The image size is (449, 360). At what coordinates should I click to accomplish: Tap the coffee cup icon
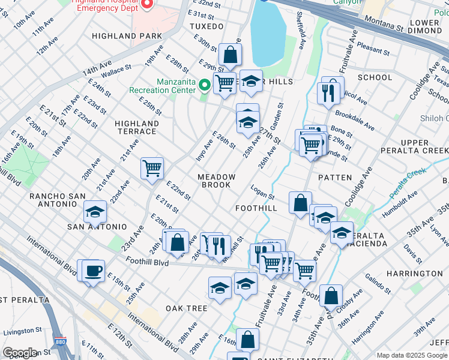pos(93,271)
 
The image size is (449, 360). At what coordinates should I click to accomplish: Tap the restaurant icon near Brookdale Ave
pos(329,92)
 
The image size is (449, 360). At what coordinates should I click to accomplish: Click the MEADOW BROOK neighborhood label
pos(217,181)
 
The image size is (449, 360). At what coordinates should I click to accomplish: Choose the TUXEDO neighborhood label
pos(206,26)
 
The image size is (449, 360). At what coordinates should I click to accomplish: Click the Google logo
pos(20,353)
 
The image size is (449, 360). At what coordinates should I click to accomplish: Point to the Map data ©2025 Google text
pos(411,355)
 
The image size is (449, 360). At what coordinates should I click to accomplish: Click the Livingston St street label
pos(21,330)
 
